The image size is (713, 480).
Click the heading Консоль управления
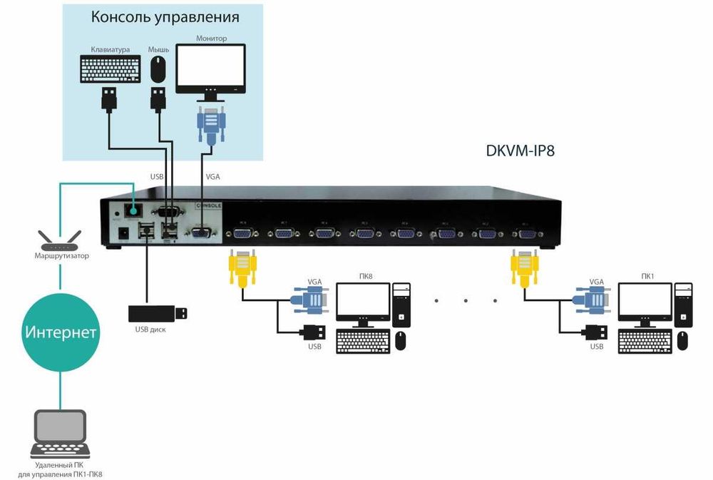[x=165, y=17]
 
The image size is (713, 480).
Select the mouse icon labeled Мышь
[x=158, y=70]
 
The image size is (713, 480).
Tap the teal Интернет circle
[x=61, y=332]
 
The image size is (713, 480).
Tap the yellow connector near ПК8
[x=242, y=267]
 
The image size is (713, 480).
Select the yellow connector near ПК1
[x=523, y=267]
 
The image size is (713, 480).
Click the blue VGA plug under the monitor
[x=210, y=125]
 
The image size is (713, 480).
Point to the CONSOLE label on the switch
[x=209, y=205]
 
